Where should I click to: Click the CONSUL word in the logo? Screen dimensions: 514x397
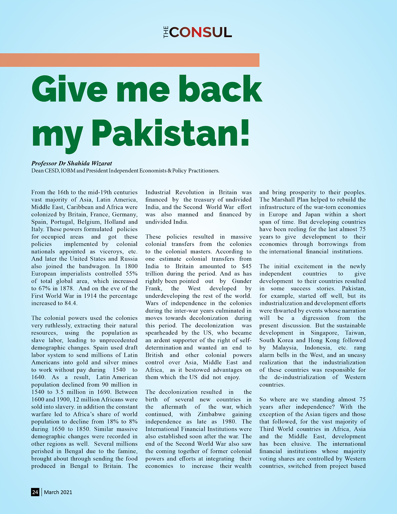click(200, 32)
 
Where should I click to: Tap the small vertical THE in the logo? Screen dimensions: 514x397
click(166, 33)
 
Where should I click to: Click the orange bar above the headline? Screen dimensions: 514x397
click(129, 60)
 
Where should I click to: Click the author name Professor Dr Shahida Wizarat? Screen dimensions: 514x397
click(71, 163)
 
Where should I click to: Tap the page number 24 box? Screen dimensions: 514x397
click(35, 492)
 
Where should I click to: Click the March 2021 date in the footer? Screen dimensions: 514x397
click(58, 492)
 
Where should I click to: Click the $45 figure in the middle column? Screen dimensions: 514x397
click(246, 266)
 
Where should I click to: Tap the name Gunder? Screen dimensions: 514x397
click(242, 281)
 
